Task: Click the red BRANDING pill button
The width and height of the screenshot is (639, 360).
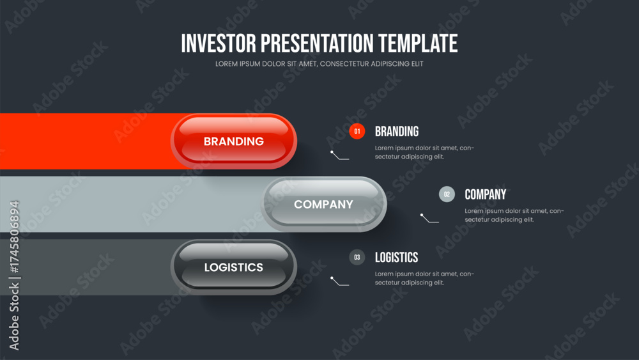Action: [x=233, y=141]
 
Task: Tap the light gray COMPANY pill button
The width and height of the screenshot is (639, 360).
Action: [x=323, y=204]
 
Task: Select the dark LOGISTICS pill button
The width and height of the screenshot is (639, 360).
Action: [x=233, y=267]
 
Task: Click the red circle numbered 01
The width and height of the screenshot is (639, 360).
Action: [x=357, y=131]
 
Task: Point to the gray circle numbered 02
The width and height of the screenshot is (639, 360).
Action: [x=447, y=194]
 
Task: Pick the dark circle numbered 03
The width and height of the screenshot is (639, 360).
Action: [x=357, y=257]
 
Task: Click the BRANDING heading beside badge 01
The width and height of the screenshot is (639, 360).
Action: [x=397, y=131]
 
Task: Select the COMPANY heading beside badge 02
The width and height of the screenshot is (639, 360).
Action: [x=486, y=194]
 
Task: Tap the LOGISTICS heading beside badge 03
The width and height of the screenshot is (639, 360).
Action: [x=397, y=257]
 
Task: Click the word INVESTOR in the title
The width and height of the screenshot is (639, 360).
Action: [x=219, y=43]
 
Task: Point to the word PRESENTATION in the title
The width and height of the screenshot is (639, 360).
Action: [x=317, y=43]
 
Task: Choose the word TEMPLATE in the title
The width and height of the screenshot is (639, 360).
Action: [x=418, y=43]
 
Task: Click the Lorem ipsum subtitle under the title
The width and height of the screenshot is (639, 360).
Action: [x=319, y=64]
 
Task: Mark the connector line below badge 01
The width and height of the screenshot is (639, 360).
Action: [x=339, y=156]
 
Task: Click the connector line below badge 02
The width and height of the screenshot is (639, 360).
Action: [x=429, y=219]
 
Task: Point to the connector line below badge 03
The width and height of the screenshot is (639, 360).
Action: [x=339, y=282]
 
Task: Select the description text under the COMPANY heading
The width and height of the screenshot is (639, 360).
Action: [x=514, y=215]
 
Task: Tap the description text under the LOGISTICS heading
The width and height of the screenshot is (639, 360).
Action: [x=424, y=278]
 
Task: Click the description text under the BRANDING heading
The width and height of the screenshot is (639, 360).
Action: [x=424, y=152]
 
